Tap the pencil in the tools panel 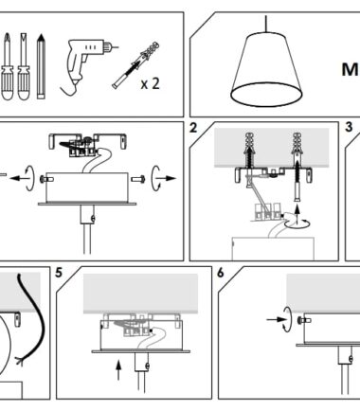click(41, 66)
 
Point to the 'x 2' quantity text click(151, 83)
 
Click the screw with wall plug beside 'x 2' click(136, 64)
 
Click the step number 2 click(193, 128)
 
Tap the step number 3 click(349, 127)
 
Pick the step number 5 click(59, 273)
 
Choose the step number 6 click(221, 273)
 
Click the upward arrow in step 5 click(118, 369)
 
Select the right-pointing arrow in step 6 click(276, 319)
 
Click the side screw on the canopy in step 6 click(304, 321)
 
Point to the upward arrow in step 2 click(297, 211)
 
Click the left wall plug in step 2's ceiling click(250, 150)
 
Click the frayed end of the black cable click(20, 361)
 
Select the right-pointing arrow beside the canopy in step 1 click(168, 178)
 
